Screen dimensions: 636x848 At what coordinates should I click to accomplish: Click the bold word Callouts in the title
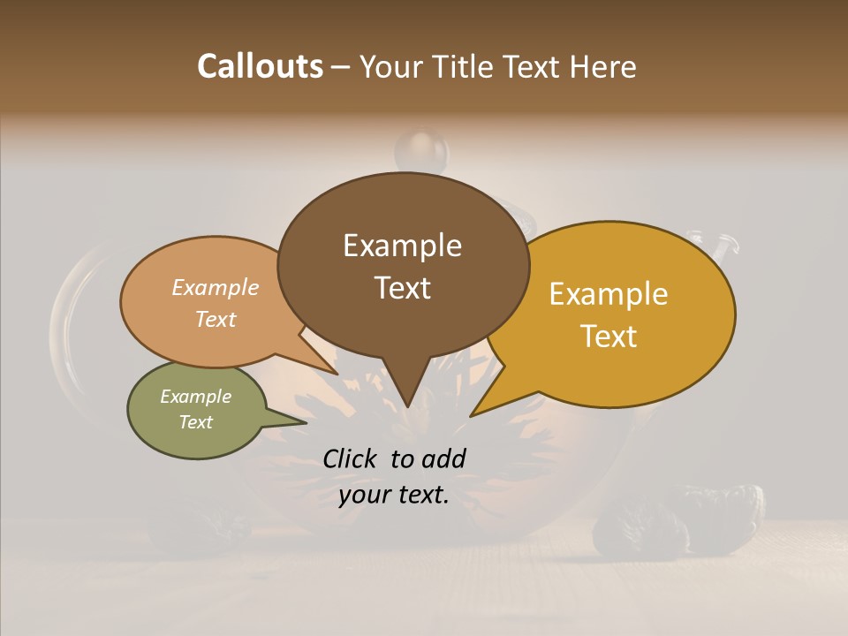pos(260,66)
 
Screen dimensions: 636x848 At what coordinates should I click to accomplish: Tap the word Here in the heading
pos(602,66)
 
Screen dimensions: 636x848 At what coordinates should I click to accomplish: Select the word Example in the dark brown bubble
pos(402,246)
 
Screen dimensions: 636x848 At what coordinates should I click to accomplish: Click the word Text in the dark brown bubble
pos(402,288)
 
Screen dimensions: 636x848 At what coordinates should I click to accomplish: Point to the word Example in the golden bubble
pos(609,294)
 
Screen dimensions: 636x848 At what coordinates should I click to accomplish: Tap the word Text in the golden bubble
pos(609,337)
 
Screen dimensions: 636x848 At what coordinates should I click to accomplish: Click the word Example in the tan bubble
pos(216,287)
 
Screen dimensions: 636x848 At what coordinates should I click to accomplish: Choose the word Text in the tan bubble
pos(216,319)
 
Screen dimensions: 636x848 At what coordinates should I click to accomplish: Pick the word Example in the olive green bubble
pos(196,397)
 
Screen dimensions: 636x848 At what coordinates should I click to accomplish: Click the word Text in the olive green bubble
pos(196,422)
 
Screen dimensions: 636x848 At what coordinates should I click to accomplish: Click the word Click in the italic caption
pos(351,458)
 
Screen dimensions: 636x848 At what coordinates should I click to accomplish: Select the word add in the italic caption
pos(444,458)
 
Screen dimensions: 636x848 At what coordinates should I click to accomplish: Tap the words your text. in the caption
pos(394,495)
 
